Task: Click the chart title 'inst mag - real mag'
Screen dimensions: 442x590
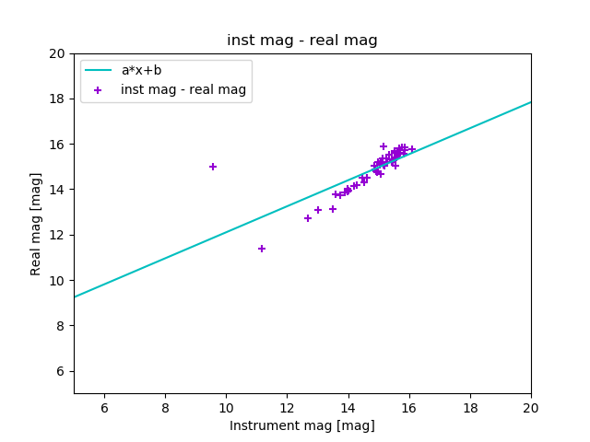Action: [302, 41]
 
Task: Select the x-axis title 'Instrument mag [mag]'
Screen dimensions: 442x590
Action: [302, 425]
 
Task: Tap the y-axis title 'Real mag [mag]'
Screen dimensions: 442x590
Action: [37, 224]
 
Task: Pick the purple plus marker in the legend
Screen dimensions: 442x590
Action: [98, 90]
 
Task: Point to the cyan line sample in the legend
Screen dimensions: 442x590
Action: [98, 70]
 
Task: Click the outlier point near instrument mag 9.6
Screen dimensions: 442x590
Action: [213, 167]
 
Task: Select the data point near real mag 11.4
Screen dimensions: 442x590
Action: [262, 249]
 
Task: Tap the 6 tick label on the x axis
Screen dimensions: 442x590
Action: [104, 408]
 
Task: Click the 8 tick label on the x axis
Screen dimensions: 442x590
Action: [165, 408]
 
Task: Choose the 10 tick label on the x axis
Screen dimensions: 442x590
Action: [226, 408]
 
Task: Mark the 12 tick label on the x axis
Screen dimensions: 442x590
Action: [287, 408]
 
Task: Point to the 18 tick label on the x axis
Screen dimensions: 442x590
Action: [470, 408]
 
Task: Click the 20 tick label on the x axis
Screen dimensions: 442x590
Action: [531, 408]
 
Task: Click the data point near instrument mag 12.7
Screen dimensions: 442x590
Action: [308, 218]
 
